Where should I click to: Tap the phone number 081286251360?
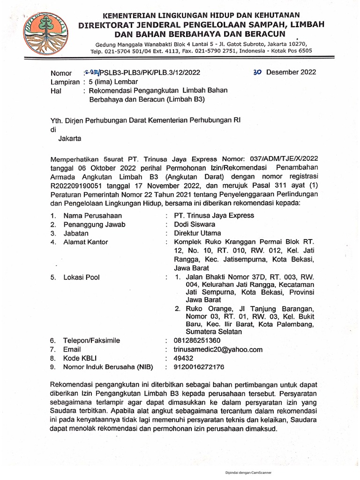coord(201,340)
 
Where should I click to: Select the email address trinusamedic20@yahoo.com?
coord(218,349)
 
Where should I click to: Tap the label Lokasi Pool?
coord(82,277)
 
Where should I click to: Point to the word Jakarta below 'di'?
coord(69,139)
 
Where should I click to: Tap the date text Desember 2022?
coord(291,72)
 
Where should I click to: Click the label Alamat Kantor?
coord(86,242)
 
